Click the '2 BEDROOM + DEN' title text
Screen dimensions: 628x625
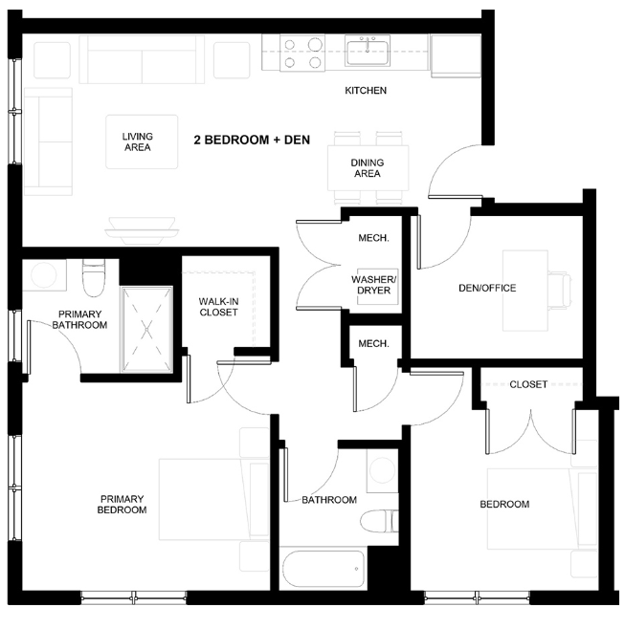point(251,140)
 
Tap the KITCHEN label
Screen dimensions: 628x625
point(366,92)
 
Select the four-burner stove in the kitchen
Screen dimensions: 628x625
point(301,54)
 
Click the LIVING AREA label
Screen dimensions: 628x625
point(137,142)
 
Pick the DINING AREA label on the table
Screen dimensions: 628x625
point(367,168)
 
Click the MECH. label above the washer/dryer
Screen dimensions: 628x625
point(371,238)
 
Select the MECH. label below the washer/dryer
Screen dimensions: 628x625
point(371,343)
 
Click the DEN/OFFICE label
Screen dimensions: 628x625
point(486,288)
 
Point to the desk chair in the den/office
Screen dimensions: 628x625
point(560,285)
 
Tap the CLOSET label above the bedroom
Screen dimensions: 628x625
point(528,384)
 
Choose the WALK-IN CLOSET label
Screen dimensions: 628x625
point(218,306)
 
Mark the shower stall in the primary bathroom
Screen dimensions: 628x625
point(146,329)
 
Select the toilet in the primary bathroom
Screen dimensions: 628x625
point(93,278)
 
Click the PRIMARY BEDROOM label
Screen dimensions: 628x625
point(122,504)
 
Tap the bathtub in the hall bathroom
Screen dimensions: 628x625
point(322,572)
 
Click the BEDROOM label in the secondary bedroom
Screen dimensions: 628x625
point(504,504)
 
